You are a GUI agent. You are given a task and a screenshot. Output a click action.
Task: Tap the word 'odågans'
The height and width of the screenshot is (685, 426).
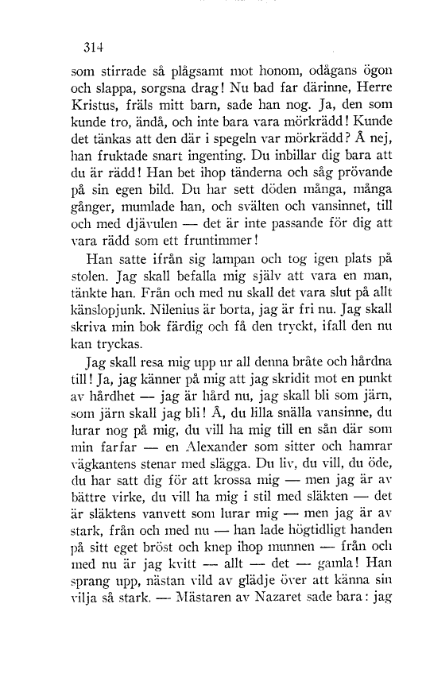308,71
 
